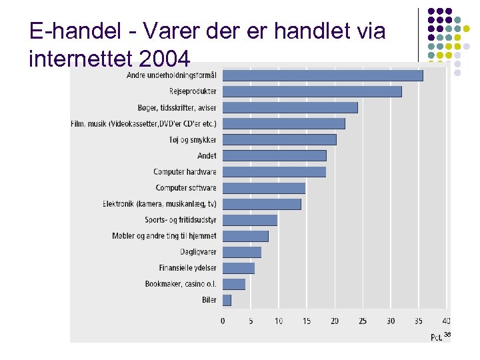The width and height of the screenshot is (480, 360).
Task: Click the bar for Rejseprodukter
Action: tap(312, 91)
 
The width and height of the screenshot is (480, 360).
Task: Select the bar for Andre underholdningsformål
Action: tap(323, 75)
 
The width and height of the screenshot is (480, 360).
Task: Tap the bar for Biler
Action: tap(227, 300)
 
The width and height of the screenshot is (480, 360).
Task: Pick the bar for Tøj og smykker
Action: tap(279, 139)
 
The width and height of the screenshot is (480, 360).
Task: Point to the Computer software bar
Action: tap(264, 188)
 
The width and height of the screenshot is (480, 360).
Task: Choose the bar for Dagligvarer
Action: tap(242, 252)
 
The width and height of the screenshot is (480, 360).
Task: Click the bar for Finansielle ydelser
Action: tap(239, 268)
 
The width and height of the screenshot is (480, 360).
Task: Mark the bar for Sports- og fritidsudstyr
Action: tap(250, 220)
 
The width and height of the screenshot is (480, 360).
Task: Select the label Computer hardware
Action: tap(185, 172)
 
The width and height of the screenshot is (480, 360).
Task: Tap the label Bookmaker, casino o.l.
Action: tap(181, 284)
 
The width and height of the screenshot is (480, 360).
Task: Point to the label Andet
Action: tap(207, 156)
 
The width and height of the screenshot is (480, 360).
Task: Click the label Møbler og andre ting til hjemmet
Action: tap(164, 236)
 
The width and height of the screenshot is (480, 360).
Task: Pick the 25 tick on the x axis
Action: tap(363, 321)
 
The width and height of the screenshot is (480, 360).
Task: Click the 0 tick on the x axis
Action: tap(223, 321)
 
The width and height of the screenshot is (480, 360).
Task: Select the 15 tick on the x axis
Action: tap(307, 321)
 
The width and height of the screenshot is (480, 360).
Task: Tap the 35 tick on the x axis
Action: tap(419, 321)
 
